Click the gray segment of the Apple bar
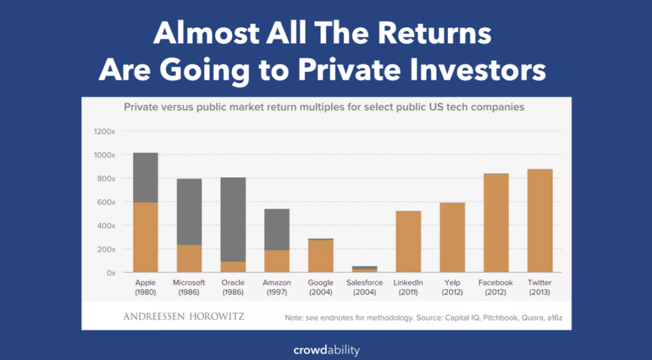[146, 177]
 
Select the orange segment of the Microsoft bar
[189, 258]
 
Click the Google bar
[321, 256]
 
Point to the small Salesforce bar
[364, 269]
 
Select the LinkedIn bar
[408, 241]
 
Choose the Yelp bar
[452, 237]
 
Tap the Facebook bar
[496, 223]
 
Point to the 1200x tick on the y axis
[104, 132]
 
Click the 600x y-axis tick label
[105, 202]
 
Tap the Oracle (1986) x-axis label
[233, 287]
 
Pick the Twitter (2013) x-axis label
[540, 287]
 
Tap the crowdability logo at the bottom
[326, 350]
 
